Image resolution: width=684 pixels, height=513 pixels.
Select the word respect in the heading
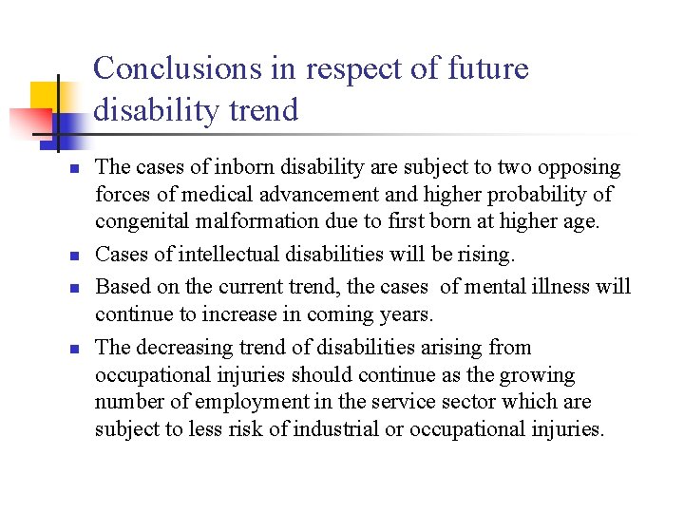(339, 70)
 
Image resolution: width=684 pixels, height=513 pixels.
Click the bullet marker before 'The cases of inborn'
(71, 169)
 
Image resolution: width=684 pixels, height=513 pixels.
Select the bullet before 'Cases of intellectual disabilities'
(71, 256)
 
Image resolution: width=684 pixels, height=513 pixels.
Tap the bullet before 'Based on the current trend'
(71, 287)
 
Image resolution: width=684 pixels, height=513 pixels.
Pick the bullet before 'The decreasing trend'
(71, 348)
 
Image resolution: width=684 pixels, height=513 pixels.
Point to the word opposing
(579, 168)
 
